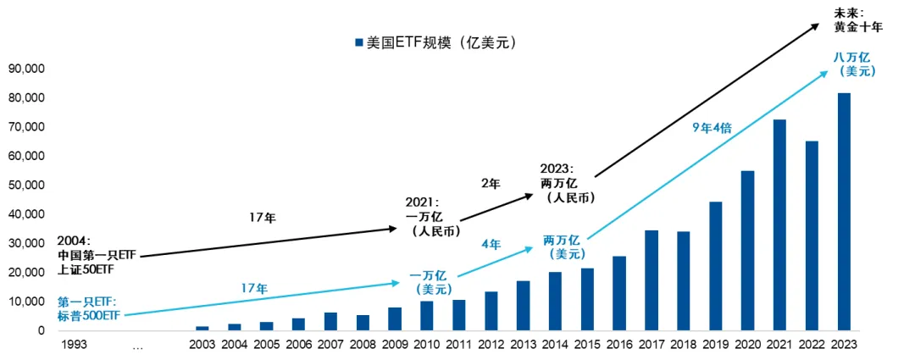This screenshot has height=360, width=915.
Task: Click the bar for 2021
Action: click(x=779, y=224)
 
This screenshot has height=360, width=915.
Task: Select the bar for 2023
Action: click(x=844, y=211)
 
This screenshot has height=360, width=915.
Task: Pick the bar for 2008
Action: click(x=363, y=322)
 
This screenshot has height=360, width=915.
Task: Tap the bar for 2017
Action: click(x=652, y=280)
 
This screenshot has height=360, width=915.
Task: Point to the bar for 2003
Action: click(x=202, y=328)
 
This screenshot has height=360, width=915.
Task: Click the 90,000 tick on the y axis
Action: click(x=26, y=69)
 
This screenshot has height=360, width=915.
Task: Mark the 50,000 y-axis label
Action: click(x=26, y=185)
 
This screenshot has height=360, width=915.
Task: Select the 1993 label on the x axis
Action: click(x=74, y=345)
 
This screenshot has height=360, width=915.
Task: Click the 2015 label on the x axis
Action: click(x=587, y=345)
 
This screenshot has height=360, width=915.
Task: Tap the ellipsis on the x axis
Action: click(x=138, y=345)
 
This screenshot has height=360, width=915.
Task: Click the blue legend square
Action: click(x=359, y=42)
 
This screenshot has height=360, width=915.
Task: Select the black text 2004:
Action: click(x=74, y=240)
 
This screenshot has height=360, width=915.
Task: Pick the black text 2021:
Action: click(x=422, y=203)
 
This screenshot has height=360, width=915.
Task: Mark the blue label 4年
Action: click(x=491, y=244)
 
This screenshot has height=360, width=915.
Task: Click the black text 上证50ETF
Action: click(x=85, y=269)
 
